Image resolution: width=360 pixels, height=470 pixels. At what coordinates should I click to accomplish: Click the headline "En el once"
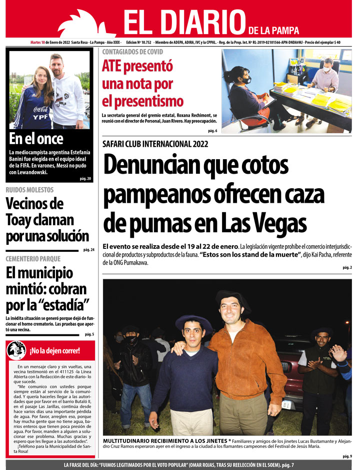click(36, 139)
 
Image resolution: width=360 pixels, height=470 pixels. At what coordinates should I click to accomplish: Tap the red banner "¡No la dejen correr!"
click(54, 350)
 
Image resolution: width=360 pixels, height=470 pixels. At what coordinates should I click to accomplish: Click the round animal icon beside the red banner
click(16, 350)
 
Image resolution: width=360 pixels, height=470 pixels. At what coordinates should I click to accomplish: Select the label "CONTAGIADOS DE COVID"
click(132, 52)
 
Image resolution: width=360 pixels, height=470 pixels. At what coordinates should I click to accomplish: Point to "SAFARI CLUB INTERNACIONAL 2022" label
click(155, 144)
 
